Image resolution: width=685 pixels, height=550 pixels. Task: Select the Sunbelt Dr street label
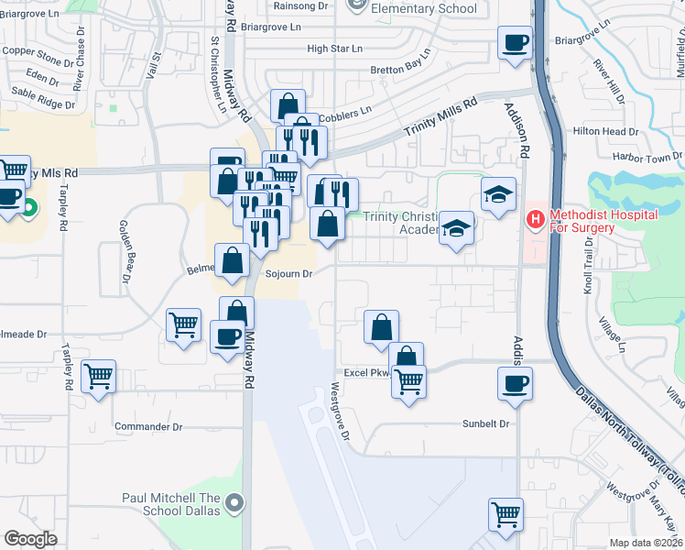click(x=484, y=424)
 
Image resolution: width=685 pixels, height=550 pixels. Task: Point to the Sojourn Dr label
click(x=289, y=274)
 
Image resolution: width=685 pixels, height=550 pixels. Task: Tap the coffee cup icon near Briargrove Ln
click(x=515, y=42)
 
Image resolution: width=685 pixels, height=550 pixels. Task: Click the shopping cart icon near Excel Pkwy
click(x=408, y=380)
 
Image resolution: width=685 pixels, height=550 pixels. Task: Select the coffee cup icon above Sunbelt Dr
click(x=515, y=382)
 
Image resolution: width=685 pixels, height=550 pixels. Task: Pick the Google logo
click(x=30, y=539)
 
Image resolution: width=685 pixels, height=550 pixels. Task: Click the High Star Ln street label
click(x=335, y=49)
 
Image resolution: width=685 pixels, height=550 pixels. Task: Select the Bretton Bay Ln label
click(x=400, y=69)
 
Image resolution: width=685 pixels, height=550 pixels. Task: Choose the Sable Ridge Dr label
click(x=42, y=104)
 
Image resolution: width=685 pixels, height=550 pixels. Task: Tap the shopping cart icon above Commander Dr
click(x=98, y=376)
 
